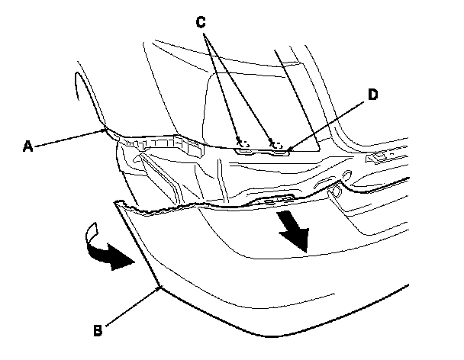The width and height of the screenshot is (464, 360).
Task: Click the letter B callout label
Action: point(97,329)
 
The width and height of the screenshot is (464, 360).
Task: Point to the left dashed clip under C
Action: point(243,142)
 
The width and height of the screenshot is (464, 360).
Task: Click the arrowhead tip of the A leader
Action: point(108,132)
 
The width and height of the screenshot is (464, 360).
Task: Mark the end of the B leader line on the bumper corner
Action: point(159,287)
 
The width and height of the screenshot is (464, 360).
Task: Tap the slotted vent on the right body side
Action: point(382,158)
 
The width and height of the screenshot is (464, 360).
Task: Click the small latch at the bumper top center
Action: point(276,199)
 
